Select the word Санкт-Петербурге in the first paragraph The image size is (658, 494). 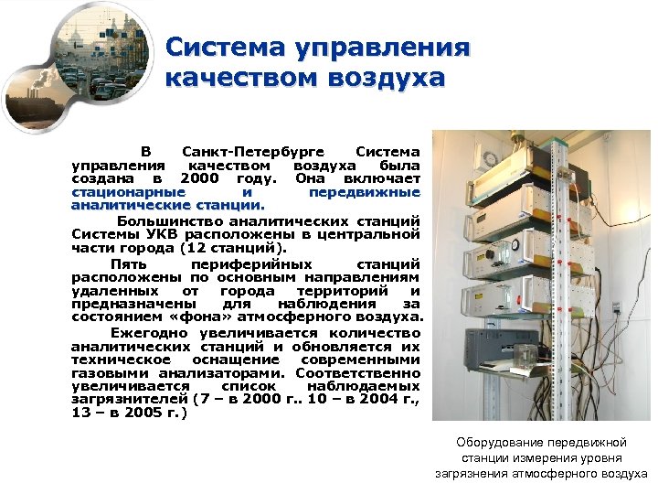[249, 150]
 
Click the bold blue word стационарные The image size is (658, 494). [129, 192]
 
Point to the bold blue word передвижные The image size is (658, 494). [364, 192]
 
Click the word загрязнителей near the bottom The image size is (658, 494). [130, 400]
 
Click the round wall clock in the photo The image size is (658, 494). [491, 158]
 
